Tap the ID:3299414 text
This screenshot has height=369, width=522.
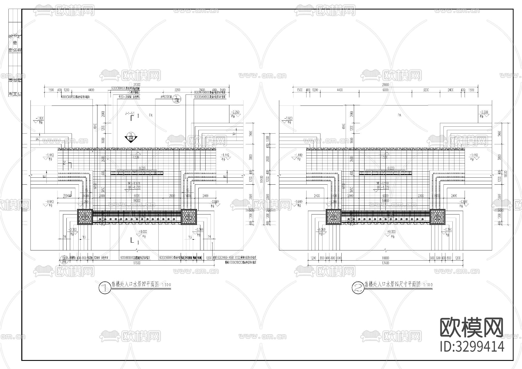click(x=472, y=346)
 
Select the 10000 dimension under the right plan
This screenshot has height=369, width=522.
click(x=385, y=258)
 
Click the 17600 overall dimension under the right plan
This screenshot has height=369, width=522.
click(x=385, y=263)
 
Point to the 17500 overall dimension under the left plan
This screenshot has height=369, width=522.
click(x=137, y=263)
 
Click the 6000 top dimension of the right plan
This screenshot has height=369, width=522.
click(x=385, y=90)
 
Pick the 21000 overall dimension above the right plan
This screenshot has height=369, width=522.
click(x=385, y=85)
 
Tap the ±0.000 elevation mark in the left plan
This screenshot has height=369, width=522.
click(x=143, y=232)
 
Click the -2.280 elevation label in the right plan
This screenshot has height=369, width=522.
click(x=484, y=112)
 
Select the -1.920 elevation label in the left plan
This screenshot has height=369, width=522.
click(x=39, y=118)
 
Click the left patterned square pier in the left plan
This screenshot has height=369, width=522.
click(x=85, y=217)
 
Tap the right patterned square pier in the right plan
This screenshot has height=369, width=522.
click(x=437, y=217)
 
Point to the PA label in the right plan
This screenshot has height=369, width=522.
click(x=399, y=115)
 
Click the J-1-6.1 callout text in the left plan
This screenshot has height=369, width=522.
click(x=129, y=113)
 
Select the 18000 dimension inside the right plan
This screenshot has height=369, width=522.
click(x=385, y=201)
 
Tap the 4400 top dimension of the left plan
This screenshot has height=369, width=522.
click(x=91, y=90)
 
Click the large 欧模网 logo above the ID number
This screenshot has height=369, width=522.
click(x=472, y=328)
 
